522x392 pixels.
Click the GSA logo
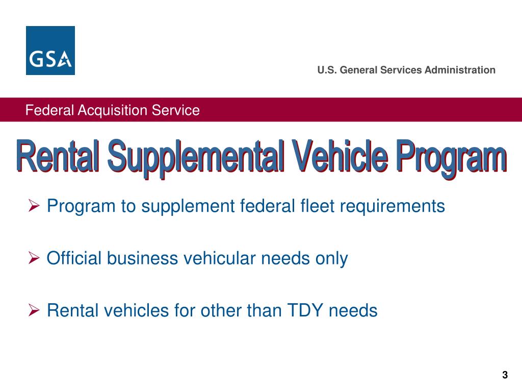[50, 51]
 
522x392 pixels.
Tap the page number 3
[505, 375]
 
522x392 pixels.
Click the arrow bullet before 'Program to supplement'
[34, 207]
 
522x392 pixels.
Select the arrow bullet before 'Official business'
[34, 259]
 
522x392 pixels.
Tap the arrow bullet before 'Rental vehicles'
[34, 310]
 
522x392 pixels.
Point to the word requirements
[392, 207]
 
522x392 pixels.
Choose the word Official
[74, 258]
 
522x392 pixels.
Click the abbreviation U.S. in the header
[327, 70]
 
